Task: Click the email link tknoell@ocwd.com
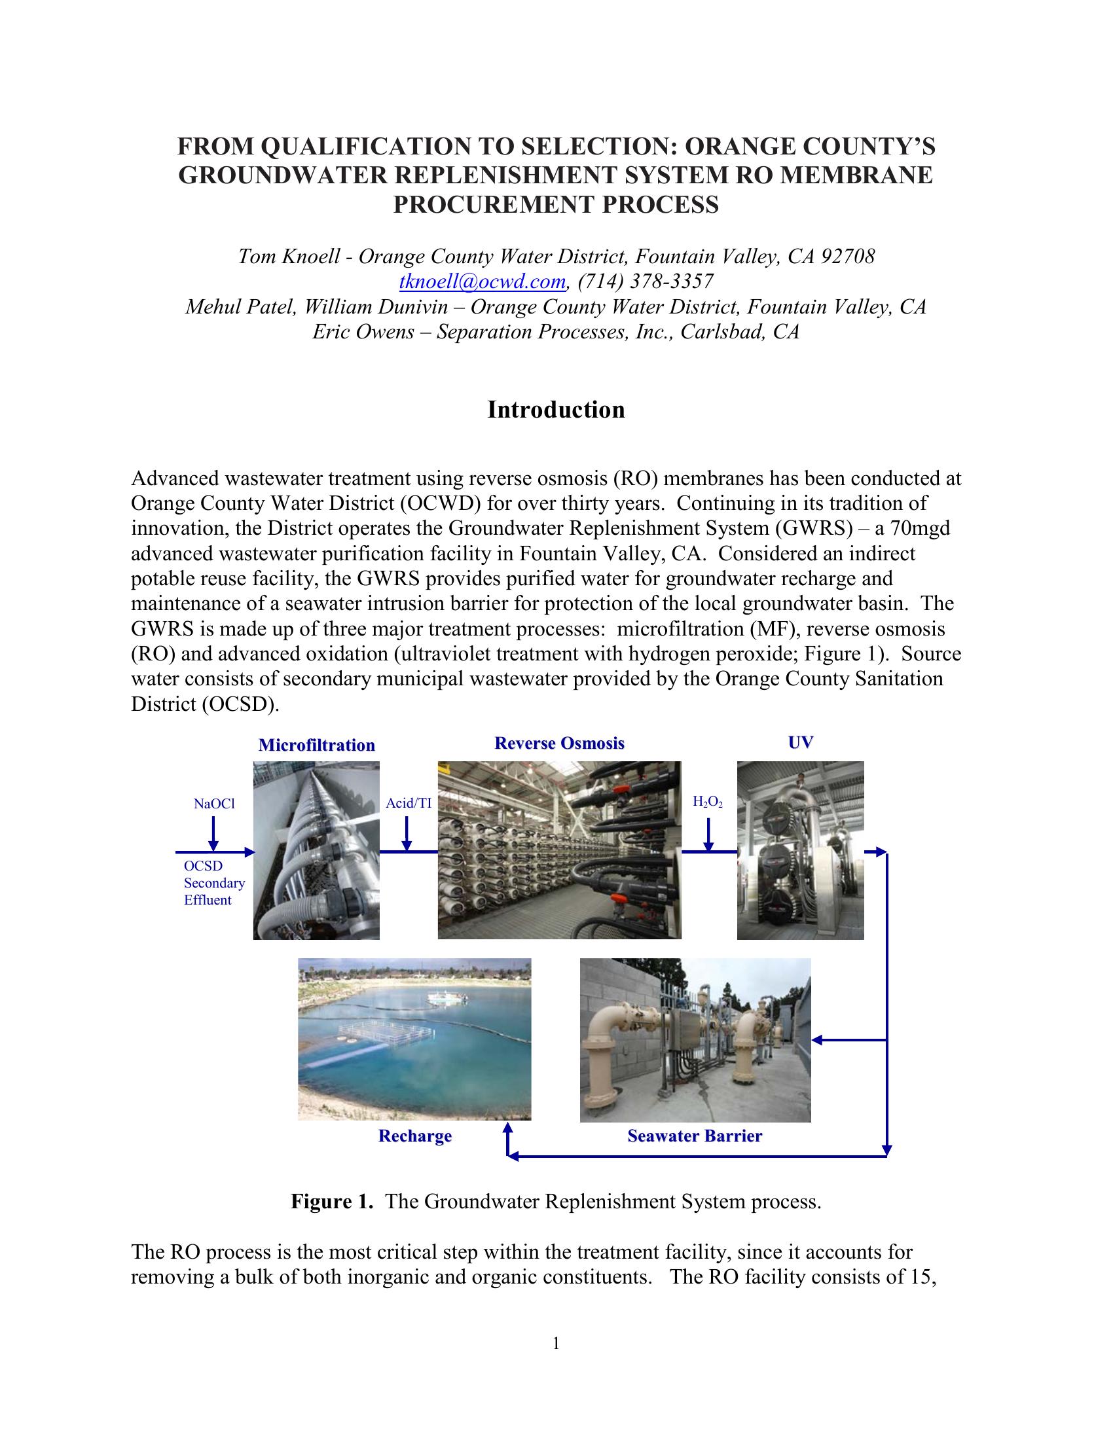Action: (483, 281)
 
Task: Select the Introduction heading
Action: (556, 410)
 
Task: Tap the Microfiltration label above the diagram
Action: (316, 745)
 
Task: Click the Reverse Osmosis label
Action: (559, 743)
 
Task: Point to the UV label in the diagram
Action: (801, 742)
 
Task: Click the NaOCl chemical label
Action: (214, 804)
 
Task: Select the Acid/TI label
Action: (409, 803)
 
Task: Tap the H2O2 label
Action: (708, 802)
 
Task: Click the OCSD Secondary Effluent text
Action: (213, 883)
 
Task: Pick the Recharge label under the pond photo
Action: (414, 1136)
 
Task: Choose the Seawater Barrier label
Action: (694, 1136)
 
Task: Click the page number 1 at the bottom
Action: (556, 1343)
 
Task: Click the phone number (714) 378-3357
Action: (646, 281)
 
